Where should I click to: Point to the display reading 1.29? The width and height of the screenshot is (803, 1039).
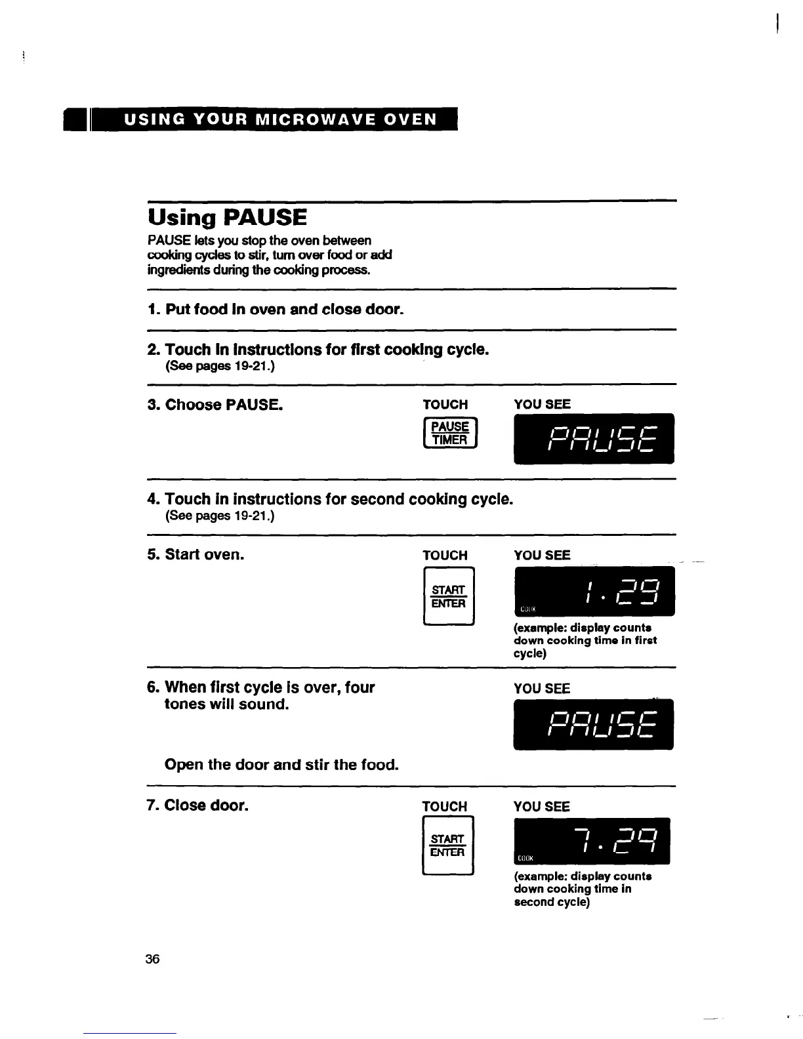(594, 592)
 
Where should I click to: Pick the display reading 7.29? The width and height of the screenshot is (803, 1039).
(592, 842)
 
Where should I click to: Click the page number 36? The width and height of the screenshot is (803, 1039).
(152, 959)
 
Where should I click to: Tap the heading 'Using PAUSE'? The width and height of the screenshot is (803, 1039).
(227, 218)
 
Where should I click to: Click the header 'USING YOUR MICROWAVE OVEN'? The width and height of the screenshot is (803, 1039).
(280, 119)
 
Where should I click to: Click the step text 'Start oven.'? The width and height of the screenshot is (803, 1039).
(204, 555)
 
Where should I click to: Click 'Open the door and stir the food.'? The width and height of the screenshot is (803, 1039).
(281, 765)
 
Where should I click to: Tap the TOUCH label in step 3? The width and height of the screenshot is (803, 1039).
(445, 405)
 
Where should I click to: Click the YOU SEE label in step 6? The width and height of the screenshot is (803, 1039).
(542, 689)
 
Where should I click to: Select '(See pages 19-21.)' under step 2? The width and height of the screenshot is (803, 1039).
(220, 365)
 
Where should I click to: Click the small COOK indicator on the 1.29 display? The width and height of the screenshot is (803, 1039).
(528, 609)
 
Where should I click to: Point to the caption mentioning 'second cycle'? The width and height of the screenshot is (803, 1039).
(583, 889)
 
